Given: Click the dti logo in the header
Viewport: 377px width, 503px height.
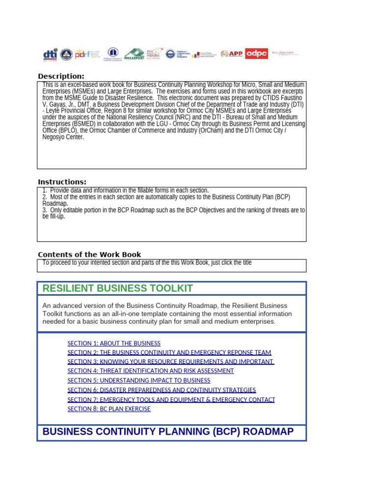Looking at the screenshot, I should (50, 54).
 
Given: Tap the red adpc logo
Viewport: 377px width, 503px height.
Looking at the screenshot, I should (256, 54).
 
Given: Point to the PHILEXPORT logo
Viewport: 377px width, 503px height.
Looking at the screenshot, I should (134, 54).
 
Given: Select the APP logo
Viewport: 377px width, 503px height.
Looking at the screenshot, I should (232, 54).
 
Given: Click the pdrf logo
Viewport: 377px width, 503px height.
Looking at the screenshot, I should (82, 54).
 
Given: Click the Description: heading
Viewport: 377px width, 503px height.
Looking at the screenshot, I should (61, 76).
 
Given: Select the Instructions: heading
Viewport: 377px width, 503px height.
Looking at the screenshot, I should (62, 182).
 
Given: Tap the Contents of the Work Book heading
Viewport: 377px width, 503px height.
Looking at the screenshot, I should (89, 254).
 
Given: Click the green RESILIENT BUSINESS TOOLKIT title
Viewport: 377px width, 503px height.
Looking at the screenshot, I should (118, 288).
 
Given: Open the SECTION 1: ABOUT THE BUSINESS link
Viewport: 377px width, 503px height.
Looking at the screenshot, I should (114, 343).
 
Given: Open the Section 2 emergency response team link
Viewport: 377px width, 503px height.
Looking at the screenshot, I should (169, 353).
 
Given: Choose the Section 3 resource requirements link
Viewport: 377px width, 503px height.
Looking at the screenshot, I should (170, 362).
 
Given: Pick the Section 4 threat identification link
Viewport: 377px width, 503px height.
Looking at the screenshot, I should (151, 371).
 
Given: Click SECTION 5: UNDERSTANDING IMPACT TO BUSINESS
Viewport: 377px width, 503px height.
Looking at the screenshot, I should (139, 380).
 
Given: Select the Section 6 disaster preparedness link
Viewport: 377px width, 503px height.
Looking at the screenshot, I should (162, 390).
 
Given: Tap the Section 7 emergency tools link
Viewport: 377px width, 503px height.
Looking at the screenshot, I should (171, 399).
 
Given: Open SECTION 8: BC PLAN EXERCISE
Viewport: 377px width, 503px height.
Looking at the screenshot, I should (109, 409).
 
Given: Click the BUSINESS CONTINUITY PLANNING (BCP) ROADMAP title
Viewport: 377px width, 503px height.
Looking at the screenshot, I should (168, 432).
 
